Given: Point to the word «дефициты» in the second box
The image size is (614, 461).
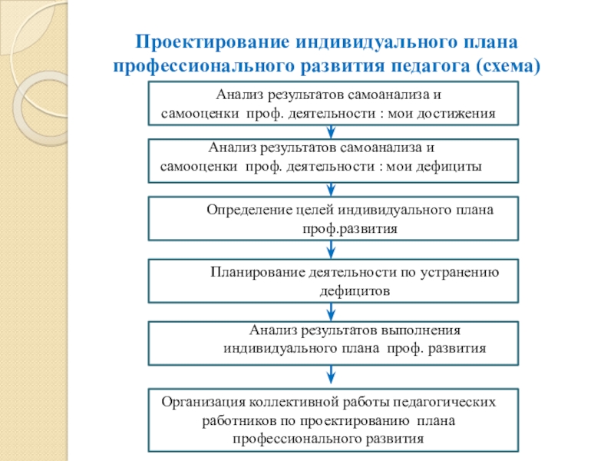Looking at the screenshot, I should click(x=452, y=165).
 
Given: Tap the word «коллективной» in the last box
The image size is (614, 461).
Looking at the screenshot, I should click(x=294, y=402).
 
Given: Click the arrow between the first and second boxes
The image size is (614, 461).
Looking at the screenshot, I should click(x=331, y=131).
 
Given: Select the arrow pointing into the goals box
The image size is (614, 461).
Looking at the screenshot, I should click(x=331, y=187).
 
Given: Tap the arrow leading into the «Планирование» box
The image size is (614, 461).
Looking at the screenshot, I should click(x=331, y=250).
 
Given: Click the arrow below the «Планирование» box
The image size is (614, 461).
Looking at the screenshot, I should click(x=331, y=310).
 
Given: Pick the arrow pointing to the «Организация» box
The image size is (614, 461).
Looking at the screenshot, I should click(x=331, y=375).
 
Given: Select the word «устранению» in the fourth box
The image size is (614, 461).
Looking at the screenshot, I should click(x=467, y=271).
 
